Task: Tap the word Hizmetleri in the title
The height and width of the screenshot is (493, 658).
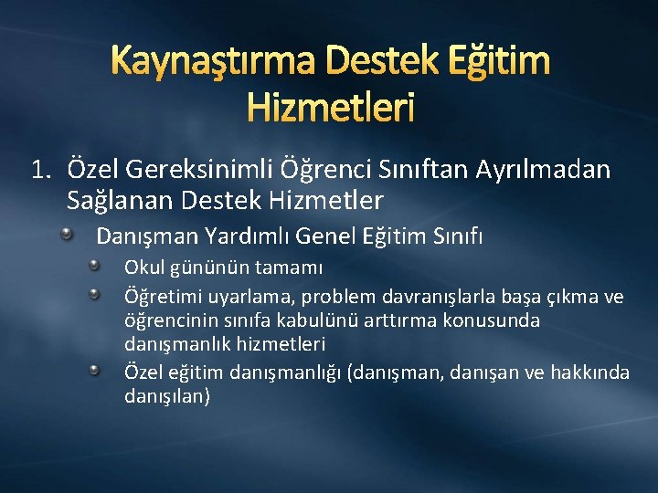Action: [x=329, y=108]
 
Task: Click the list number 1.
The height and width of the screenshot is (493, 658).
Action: [x=39, y=169]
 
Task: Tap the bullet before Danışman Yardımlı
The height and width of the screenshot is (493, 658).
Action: [x=69, y=236]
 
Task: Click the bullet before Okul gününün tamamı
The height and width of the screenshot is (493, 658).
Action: [x=96, y=266]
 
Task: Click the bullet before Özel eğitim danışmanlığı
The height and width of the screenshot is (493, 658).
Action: [x=96, y=370]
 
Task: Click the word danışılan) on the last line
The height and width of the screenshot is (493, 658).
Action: [x=167, y=396]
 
